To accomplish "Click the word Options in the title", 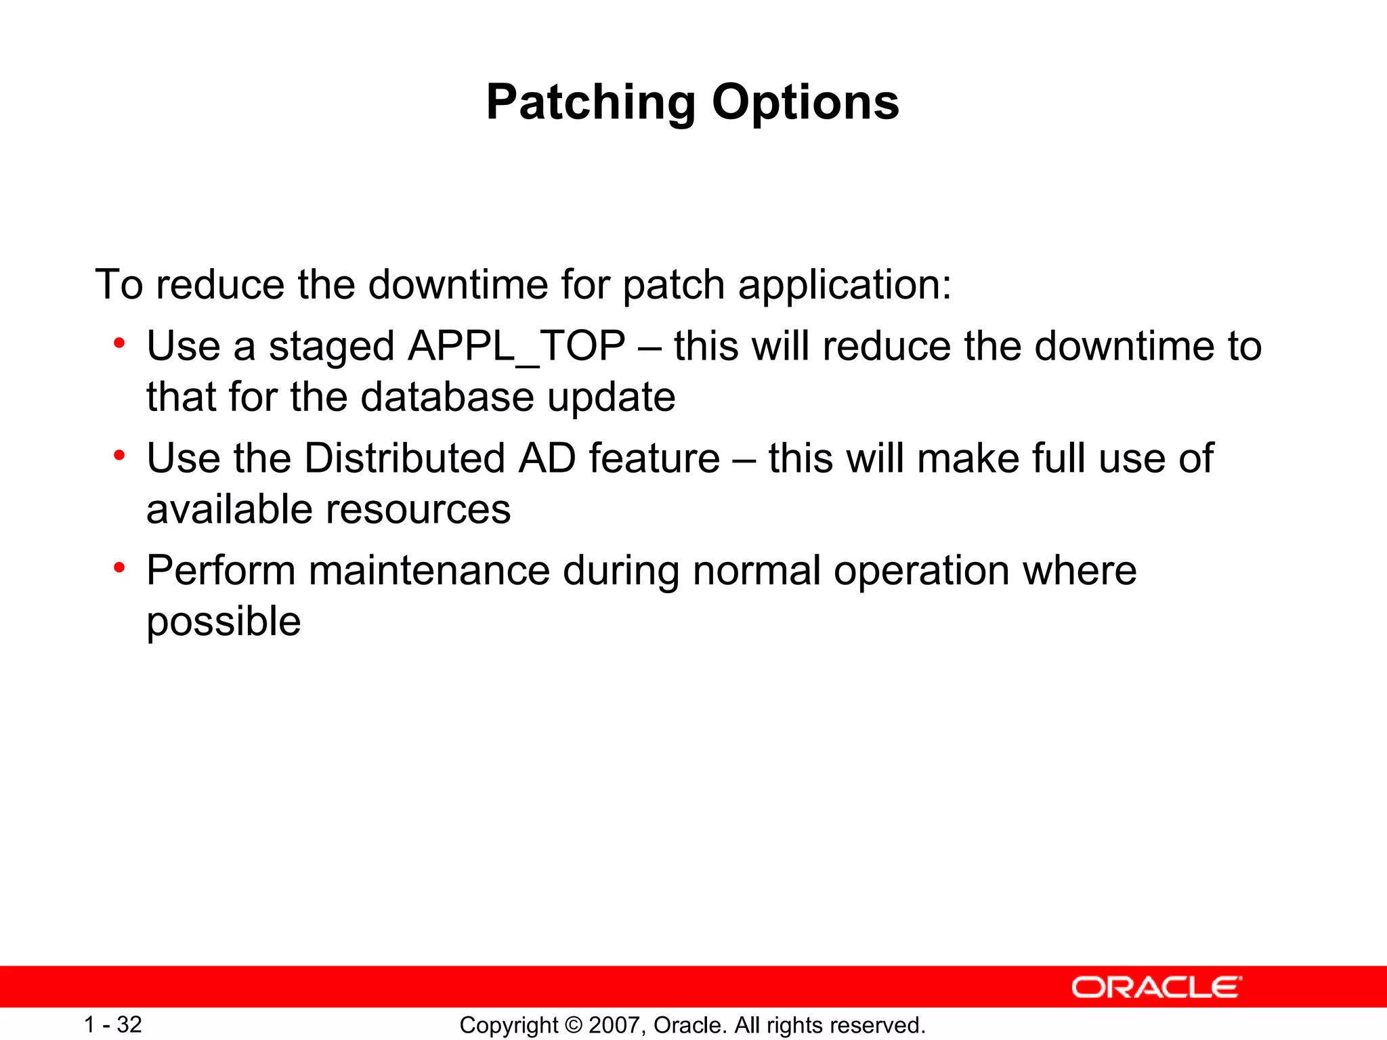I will click(805, 103).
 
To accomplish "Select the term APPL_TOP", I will click(516, 347).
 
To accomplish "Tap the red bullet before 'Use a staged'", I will click(119, 343).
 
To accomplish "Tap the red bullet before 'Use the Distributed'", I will click(119, 456).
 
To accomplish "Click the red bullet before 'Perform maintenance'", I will click(119, 567).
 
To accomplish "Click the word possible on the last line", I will click(223, 622).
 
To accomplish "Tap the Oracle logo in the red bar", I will click(1157, 987).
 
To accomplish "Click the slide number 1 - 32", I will click(112, 1024).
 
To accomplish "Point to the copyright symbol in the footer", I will click(573, 1025).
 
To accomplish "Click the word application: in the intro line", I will click(845, 285).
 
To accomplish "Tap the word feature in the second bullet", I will click(654, 458).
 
